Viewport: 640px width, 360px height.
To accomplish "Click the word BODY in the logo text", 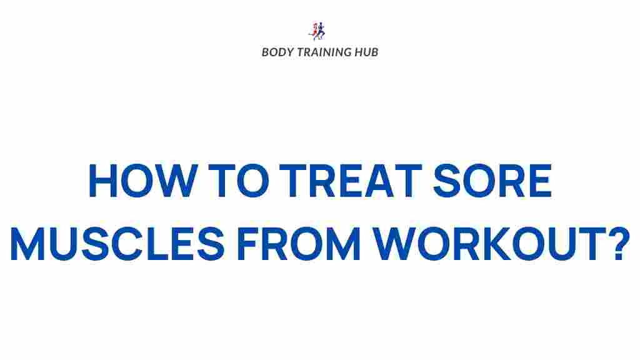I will (275, 52).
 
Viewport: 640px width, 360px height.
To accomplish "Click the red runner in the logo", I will (314, 30).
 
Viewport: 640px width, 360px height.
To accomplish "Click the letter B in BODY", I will (265, 52).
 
